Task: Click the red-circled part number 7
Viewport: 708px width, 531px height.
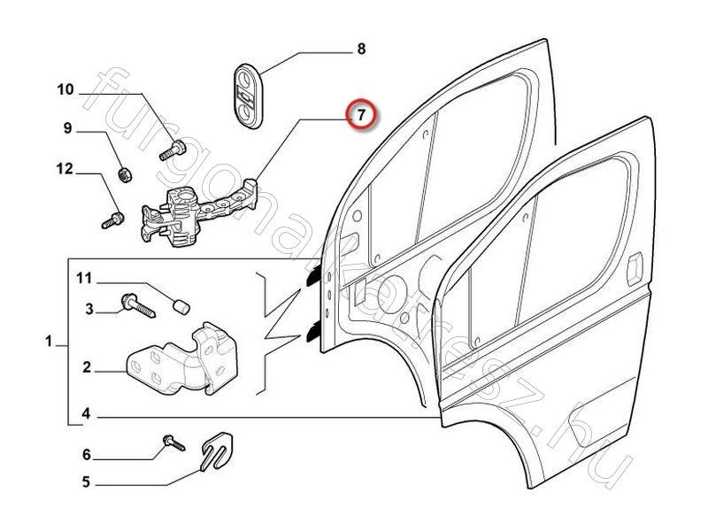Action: pos(360,115)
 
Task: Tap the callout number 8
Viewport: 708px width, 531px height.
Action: pos(360,50)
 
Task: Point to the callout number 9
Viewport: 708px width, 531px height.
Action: pos(66,129)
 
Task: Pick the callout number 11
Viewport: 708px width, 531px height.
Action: pos(83,279)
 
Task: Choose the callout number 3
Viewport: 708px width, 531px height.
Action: pos(89,309)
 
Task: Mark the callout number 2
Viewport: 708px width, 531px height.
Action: pos(87,366)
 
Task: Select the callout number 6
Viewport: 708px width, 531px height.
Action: pos(87,455)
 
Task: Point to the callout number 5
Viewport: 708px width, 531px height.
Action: pos(87,483)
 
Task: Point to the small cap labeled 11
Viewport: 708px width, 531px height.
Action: pos(182,307)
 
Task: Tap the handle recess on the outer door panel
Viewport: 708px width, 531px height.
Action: pos(635,268)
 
